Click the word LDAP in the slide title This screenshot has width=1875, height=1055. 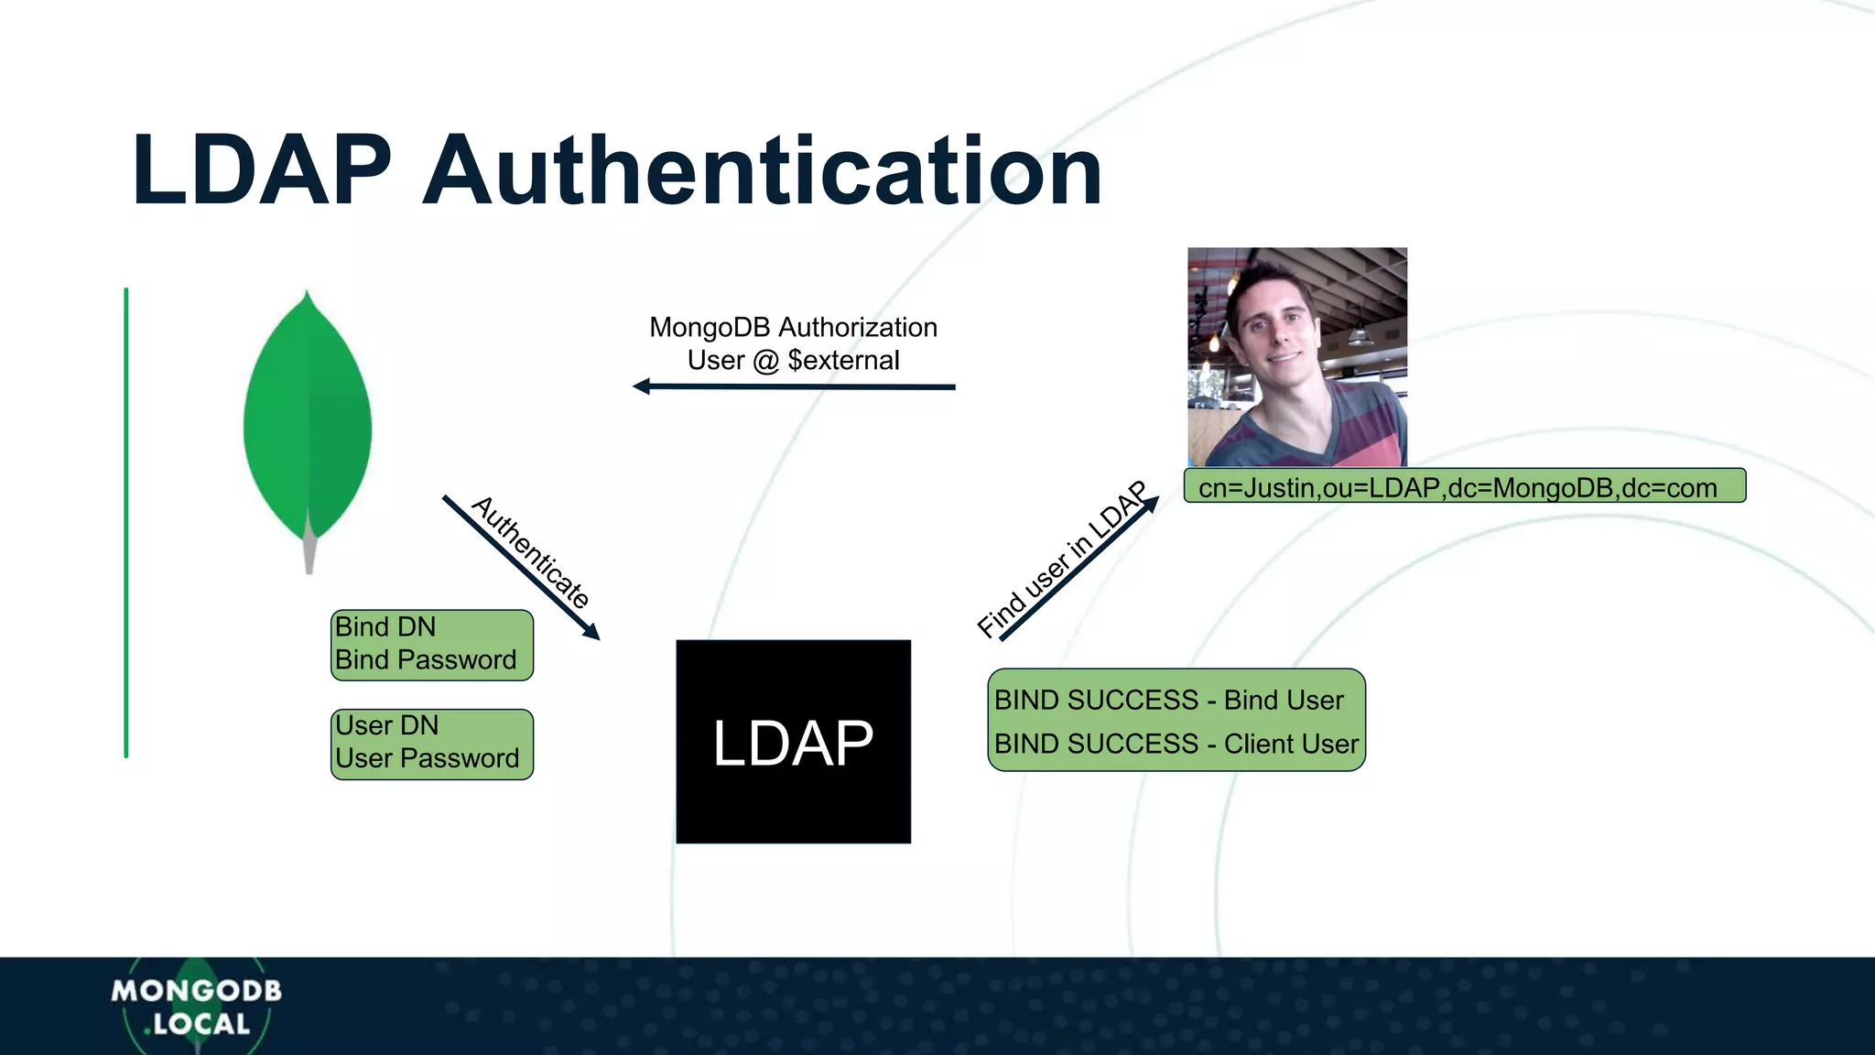(262, 171)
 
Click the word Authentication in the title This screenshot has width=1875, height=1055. (762, 171)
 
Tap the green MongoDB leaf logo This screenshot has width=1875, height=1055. (308, 421)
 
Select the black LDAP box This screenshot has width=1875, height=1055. (793, 742)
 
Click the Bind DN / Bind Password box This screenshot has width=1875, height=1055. (431, 645)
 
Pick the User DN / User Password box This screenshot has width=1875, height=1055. (431, 744)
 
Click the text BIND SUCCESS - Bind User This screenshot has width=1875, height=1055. (1168, 701)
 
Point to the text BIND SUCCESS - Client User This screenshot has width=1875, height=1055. (1176, 744)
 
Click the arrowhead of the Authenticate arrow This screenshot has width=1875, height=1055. (593, 633)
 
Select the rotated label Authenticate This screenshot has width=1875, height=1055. (531, 552)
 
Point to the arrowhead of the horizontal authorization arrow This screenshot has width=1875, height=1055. (641, 386)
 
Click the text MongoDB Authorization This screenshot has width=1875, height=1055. (793, 327)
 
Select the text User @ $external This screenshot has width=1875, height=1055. (793, 360)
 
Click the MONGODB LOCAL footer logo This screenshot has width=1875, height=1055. (196, 1006)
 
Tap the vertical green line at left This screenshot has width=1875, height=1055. (126, 522)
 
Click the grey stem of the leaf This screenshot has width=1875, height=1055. (309, 553)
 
